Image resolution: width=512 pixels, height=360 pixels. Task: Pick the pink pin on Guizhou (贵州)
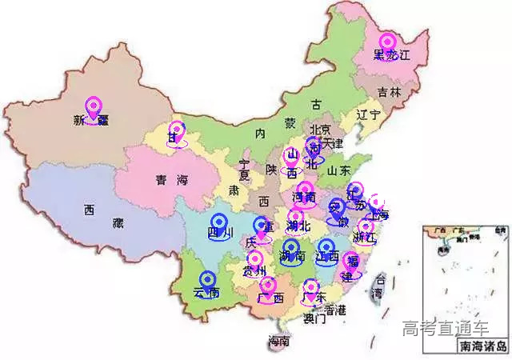pos(255,261)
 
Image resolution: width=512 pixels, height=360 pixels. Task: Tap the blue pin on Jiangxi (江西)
pos(326,249)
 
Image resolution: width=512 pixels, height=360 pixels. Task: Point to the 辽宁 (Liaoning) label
pos(369,114)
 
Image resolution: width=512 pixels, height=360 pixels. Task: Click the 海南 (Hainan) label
pos(278,342)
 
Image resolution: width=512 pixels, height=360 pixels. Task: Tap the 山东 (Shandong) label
pos(339,170)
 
